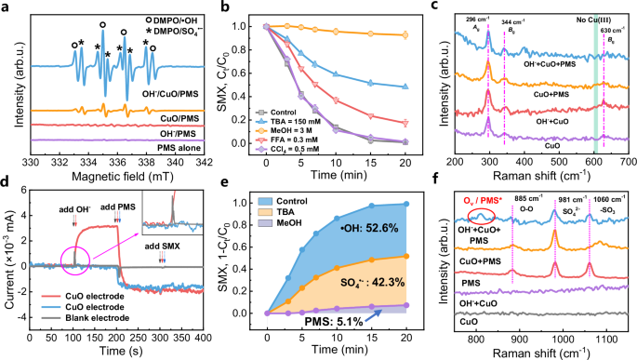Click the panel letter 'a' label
(x=7, y=8)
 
